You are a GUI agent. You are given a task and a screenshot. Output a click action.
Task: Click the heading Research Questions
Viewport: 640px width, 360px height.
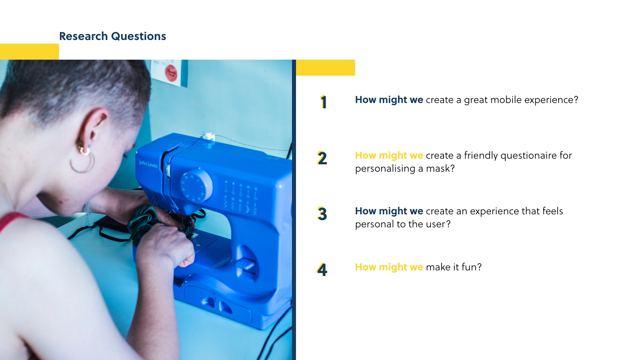pyautogui.click(x=112, y=36)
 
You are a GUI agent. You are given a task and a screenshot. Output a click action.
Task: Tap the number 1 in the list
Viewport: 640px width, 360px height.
pyautogui.click(x=323, y=102)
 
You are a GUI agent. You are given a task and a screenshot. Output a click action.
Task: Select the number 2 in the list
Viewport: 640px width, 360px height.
pyautogui.click(x=322, y=158)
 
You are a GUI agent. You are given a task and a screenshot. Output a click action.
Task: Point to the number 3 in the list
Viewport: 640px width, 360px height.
pyautogui.click(x=322, y=214)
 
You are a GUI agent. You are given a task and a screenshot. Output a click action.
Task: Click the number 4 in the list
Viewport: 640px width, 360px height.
pyautogui.click(x=322, y=269)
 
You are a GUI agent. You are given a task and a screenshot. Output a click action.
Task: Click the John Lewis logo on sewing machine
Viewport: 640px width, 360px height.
pyautogui.click(x=148, y=164)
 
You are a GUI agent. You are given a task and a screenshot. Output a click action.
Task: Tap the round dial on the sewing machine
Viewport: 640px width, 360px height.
pyautogui.click(x=196, y=185)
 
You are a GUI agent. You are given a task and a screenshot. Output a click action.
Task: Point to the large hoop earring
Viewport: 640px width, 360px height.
pyautogui.click(x=82, y=163)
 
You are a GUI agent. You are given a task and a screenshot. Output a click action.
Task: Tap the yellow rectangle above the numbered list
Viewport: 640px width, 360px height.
pyautogui.click(x=325, y=68)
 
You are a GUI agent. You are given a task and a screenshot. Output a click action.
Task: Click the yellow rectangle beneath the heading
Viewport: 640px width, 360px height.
pyautogui.click(x=29, y=52)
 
